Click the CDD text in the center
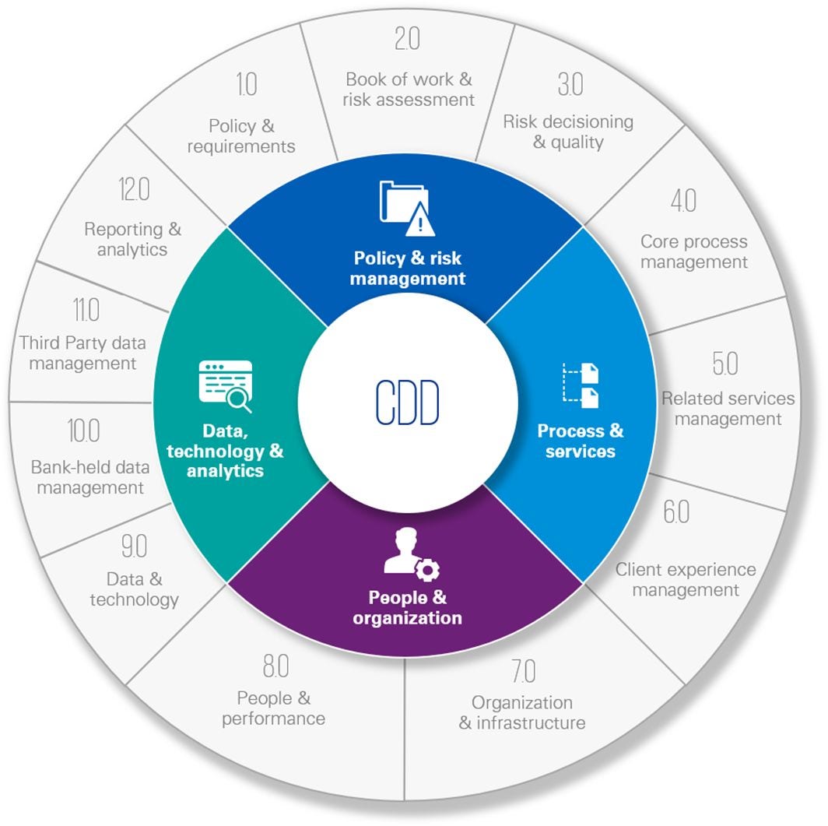point(407,402)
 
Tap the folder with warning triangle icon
point(405,207)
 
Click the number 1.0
point(246,85)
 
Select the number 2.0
point(408,40)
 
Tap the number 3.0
point(570,85)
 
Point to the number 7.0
point(523,671)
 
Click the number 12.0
point(134,189)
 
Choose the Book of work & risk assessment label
point(409,90)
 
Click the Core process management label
point(693,251)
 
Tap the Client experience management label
point(685,580)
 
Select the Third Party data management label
point(82,353)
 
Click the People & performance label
point(273,708)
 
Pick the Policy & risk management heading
point(407,269)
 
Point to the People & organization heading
point(407,608)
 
